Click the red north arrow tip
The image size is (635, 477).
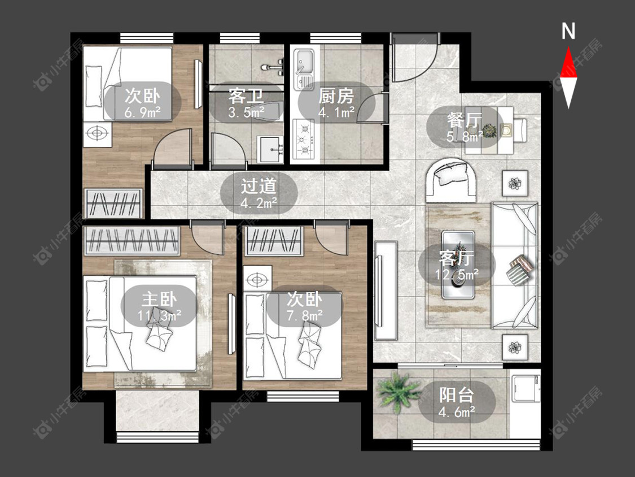point(568,47)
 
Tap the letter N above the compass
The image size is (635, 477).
point(568,31)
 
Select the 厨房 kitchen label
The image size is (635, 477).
point(336,96)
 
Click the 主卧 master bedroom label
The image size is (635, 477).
point(159,300)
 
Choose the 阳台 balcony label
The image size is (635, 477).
point(457,395)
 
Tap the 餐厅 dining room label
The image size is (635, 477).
point(465,120)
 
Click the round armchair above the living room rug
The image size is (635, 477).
point(451,179)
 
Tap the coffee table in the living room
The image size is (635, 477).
point(458,264)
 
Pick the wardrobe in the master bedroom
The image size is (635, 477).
point(132,241)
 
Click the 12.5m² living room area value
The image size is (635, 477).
point(457,275)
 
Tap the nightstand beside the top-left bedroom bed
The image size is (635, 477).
point(98,134)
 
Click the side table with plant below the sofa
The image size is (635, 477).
point(515,347)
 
